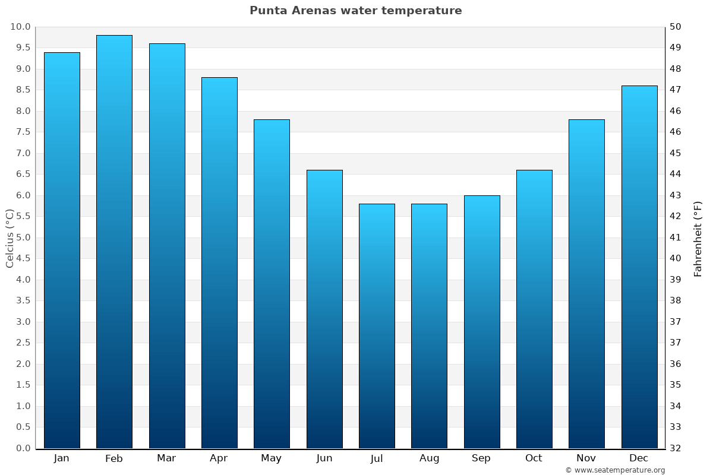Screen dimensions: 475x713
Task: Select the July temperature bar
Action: click(x=377, y=326)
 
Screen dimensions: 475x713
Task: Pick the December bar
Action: click(x=639, y=267)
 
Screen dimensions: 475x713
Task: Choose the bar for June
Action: click(x=324, y=309)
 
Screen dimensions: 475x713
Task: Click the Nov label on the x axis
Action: click(x=586, y=458)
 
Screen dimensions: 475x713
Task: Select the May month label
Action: click(x=272, y=458)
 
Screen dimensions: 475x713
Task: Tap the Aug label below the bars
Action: click(x=429, y=458)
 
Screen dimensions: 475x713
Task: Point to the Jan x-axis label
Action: click(x=61, y=458)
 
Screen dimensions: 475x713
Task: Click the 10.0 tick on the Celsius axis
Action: click(x=20, y=27)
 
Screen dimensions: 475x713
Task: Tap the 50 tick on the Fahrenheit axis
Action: click(x=676, y=27)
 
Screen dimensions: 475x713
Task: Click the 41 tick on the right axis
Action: click(x=676, y=237)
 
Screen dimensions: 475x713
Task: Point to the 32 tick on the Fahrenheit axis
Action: click(x=676, y=448)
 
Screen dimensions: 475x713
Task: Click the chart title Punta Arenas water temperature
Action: click(x=355, y=11)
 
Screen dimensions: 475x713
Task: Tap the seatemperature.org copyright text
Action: click(x=614, y=470)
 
